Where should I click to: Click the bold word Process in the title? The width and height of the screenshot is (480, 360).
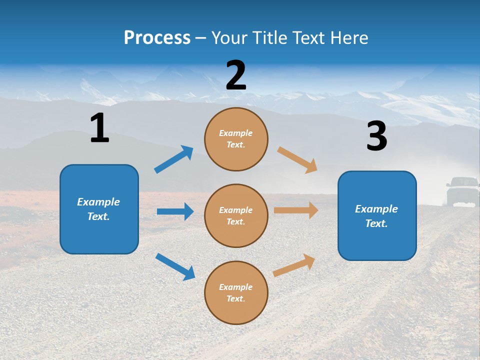(x=157, y=37)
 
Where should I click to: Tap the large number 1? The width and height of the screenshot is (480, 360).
(x=99, y=128)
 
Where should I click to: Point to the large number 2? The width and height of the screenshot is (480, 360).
(x=236, y=75)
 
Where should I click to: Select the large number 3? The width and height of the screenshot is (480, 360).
(x=376, y=136)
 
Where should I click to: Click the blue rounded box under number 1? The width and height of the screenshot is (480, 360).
(x=99, y=209)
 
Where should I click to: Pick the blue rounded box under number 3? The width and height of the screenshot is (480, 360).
(x=377, y=215)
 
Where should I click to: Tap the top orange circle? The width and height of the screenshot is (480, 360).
(x=236, y=139)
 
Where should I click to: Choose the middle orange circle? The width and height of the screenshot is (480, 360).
(x=236, y=215)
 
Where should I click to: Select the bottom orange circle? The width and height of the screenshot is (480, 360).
(x=236, y=292)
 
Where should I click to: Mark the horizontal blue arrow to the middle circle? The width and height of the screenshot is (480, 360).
(x=175, y=211)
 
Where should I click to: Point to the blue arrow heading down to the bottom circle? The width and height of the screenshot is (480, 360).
(x=175, y=266)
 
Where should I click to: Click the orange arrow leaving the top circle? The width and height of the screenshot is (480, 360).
(x=297, y=159)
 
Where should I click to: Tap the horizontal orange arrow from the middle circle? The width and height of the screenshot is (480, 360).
(x=296, y=210)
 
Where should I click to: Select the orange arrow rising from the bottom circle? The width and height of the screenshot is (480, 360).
(x=294, y=265)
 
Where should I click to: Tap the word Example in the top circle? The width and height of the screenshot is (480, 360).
(x=236, y=133)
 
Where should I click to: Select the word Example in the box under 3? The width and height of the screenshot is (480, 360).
(x=376, y=209)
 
